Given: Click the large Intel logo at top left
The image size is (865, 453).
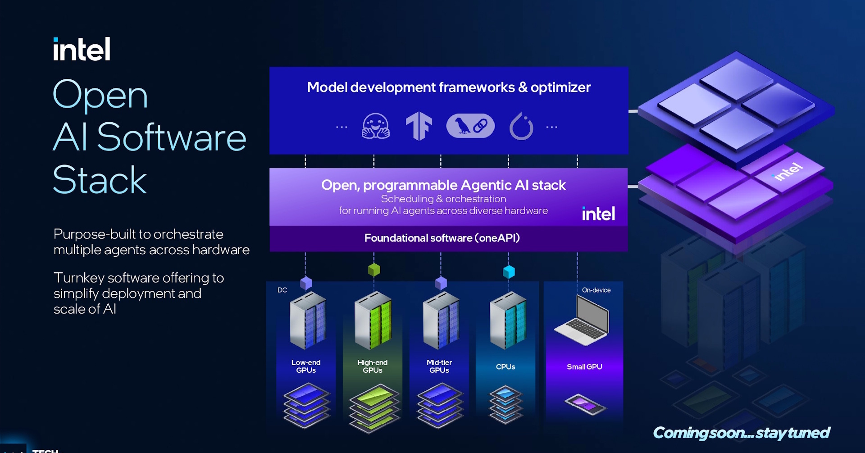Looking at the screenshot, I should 82,49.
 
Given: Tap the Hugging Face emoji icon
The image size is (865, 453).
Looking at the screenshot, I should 375,126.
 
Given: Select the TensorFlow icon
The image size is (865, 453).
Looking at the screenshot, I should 419,126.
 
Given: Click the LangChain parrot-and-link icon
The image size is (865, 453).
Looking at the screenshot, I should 470,126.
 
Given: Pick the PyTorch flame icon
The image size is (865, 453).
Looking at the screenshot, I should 521,126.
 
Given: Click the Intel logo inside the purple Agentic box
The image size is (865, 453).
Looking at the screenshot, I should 598,214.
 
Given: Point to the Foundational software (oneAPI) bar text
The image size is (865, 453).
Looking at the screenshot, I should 442,238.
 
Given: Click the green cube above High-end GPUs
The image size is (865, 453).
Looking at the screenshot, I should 374,270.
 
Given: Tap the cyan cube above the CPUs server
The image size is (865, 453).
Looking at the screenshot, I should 509,272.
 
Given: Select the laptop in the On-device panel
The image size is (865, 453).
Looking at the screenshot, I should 583,321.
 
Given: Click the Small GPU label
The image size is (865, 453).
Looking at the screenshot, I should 584,367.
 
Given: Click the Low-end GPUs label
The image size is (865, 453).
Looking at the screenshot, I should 306,366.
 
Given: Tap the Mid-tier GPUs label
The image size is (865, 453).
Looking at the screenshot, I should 439,366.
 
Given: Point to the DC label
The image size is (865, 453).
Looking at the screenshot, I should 282,290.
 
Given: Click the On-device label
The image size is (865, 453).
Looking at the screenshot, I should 596,290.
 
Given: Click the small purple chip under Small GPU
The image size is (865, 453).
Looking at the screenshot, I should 585,404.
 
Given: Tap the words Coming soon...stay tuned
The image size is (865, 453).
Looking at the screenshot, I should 741,433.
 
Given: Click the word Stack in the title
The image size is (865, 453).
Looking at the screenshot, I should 100,180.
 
